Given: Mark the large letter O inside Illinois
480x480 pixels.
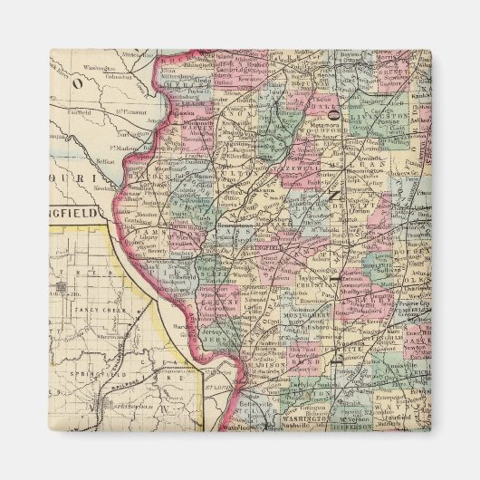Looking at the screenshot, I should (335, 115).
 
